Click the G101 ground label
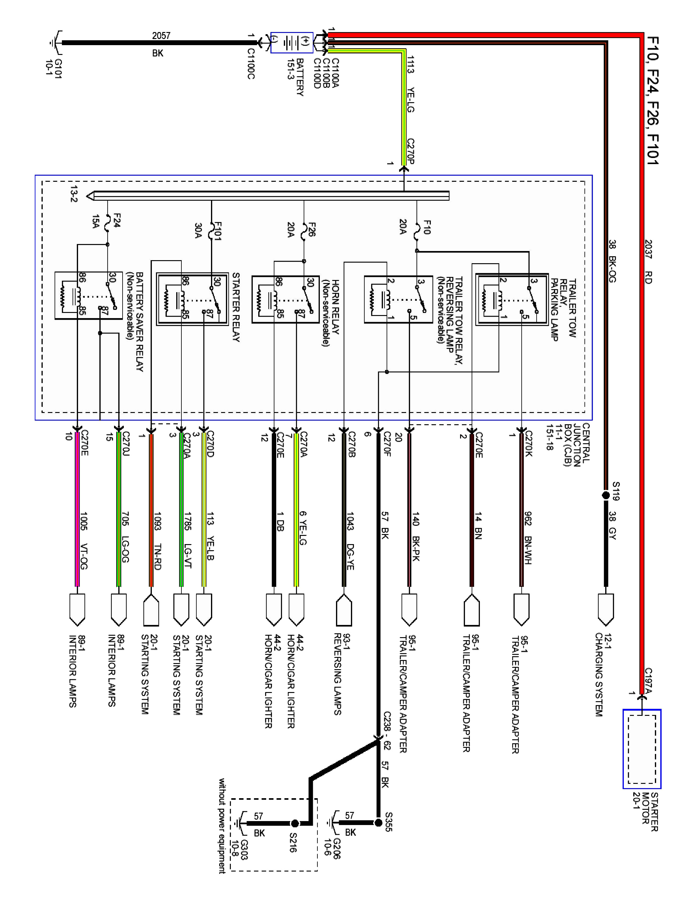[54, 68]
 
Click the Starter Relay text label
[236, 307]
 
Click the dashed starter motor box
[641, 749]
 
